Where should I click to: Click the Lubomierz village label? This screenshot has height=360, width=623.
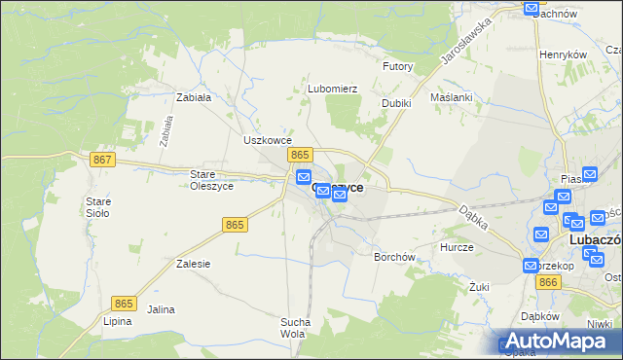pos(333,89)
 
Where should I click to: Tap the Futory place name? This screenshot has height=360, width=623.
pos(397,67)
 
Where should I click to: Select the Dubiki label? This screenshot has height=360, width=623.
pos(396,103)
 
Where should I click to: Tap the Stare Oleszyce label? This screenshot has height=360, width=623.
pos(208,180)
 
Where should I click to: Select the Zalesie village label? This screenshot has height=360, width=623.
pos(194,264)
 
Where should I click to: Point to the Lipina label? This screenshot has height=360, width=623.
pos(117,321)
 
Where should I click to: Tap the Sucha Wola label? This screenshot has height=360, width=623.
pos(295,328)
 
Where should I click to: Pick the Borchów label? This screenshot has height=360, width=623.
pos(395,258)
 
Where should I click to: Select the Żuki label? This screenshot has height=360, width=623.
pos(478,287)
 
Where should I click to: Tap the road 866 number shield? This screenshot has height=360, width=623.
pos(548,282)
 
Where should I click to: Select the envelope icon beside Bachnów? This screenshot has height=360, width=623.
pos(531,9)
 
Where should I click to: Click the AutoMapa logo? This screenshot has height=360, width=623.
pos(555,341)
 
